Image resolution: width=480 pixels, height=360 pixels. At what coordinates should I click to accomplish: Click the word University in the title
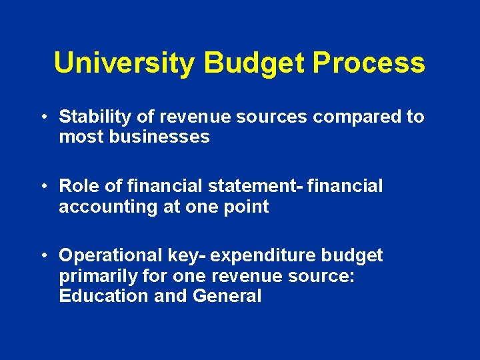(125, 63)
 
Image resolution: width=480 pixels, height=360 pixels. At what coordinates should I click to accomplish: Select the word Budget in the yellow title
(254, 63)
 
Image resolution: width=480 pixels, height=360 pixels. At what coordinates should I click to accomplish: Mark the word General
(227, 296)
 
